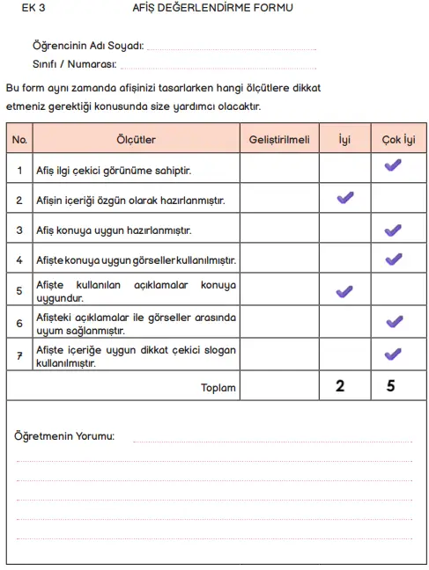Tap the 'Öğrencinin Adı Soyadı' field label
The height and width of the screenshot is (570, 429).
tap(87, 46)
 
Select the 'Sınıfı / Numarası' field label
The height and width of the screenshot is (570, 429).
tap(74, 63)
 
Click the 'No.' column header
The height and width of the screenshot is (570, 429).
tap(20, 139)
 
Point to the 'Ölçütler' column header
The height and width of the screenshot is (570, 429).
tap(137, 139)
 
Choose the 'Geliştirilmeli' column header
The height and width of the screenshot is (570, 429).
tap(279, 139)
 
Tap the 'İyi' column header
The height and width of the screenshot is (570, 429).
tap(344, 139)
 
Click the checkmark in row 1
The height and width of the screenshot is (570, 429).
tap(393, 165)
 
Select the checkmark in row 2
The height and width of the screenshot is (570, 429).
tap(345, 198)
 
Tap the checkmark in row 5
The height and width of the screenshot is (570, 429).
tap(345, 291)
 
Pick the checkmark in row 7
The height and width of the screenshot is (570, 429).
tap(393, 354)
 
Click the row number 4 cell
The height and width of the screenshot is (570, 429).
tap(20, 260)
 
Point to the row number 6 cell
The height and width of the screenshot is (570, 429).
tap(20, 324)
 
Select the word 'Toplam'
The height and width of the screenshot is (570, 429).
tap(219, 385)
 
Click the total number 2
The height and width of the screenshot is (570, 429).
tap(341, 385)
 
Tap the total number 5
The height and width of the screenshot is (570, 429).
tap(391, 385)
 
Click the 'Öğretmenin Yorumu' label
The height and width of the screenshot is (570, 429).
tap(64, 435)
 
